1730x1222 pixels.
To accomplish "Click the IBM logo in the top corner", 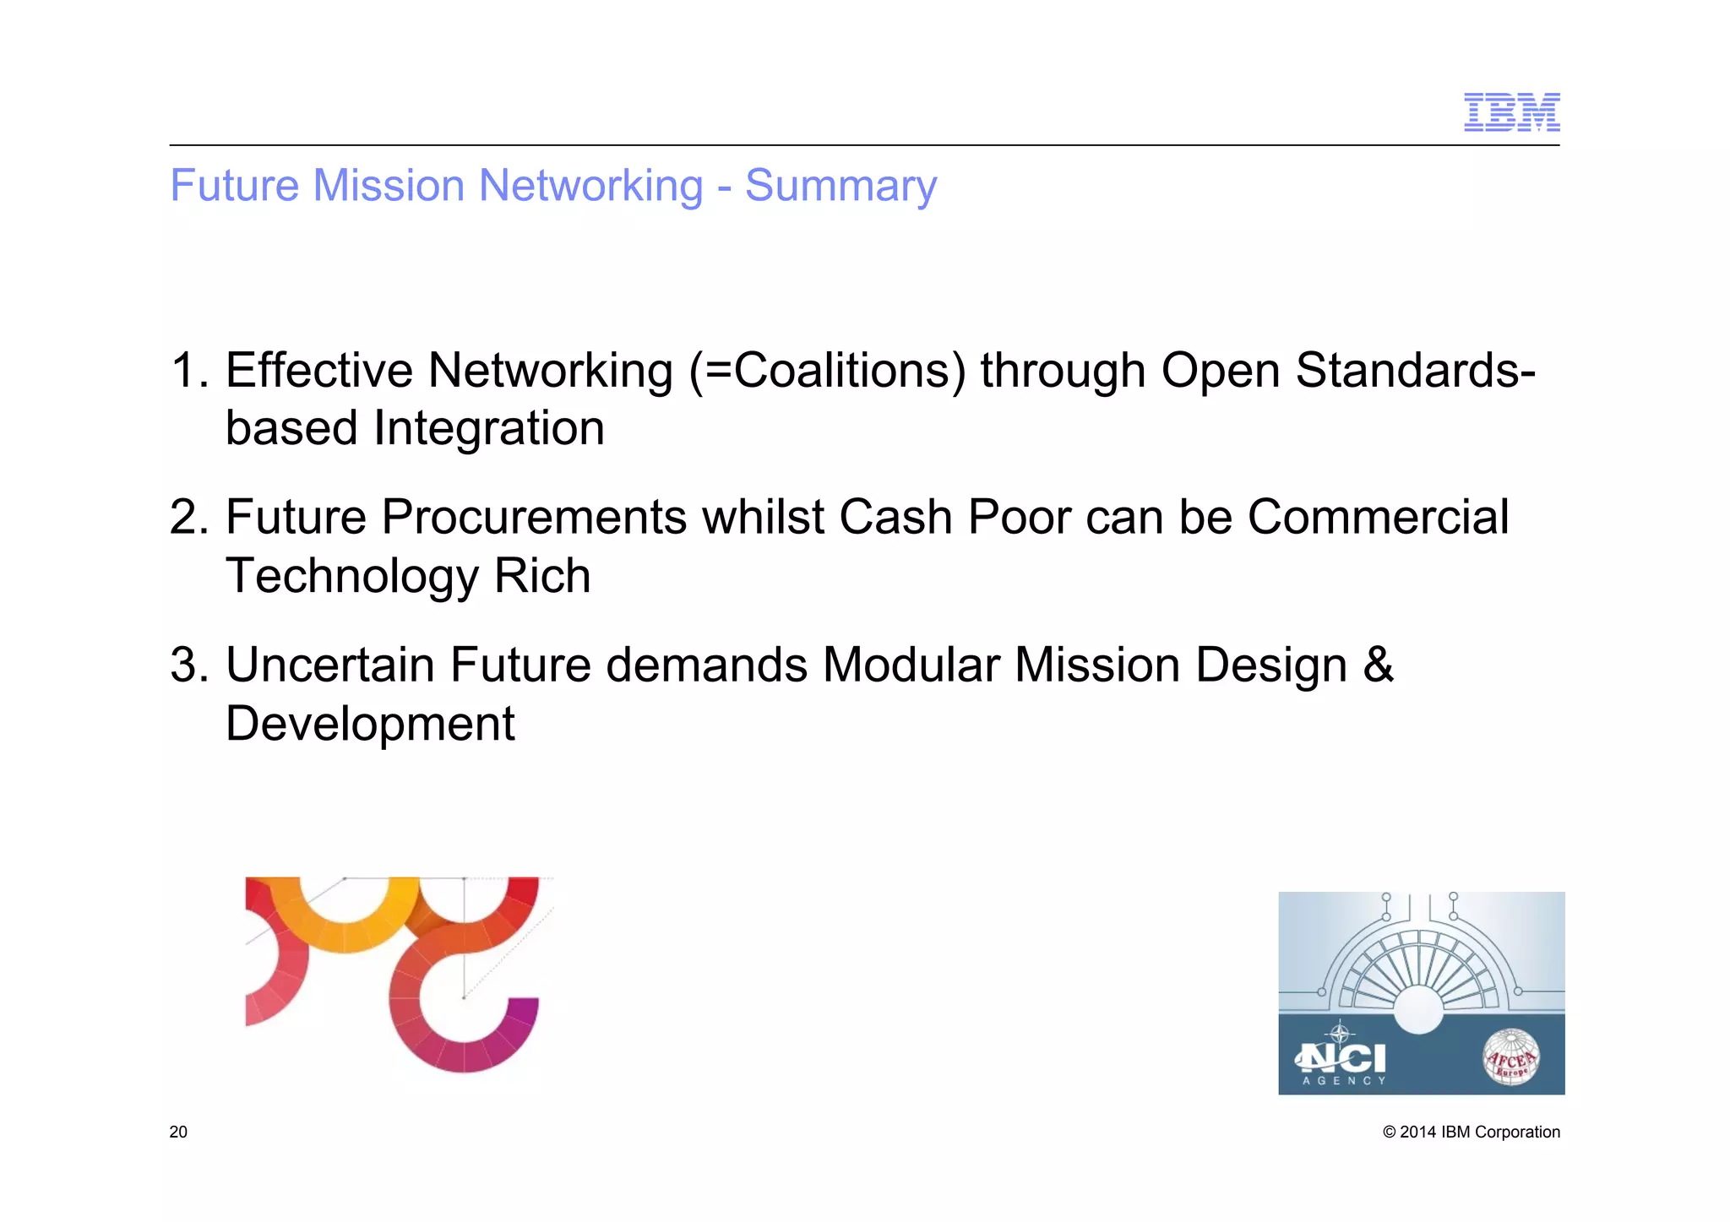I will point(1511,112).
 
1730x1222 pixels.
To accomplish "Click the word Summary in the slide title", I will point(841,186).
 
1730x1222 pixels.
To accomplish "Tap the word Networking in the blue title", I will point(590,186).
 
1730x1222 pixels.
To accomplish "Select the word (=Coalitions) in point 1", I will point(828,370).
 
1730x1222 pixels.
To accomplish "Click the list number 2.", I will point(188,517).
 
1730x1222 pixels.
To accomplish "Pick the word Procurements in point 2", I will point(534,517).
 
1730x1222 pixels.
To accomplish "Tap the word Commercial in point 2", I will point(1378,517).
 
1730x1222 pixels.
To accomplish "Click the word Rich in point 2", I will point(541,576).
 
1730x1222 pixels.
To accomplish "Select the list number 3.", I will point(188,665).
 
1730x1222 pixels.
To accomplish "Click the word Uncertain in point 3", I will point(330,665).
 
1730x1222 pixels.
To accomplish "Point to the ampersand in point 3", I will point(1378,665).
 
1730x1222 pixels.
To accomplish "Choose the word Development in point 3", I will point(370,724).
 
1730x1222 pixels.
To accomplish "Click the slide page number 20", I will point(178,1132).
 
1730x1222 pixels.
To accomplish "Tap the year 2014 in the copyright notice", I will point(1417,1132).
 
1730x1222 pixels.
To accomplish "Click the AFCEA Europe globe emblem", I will point(1511,1056).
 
